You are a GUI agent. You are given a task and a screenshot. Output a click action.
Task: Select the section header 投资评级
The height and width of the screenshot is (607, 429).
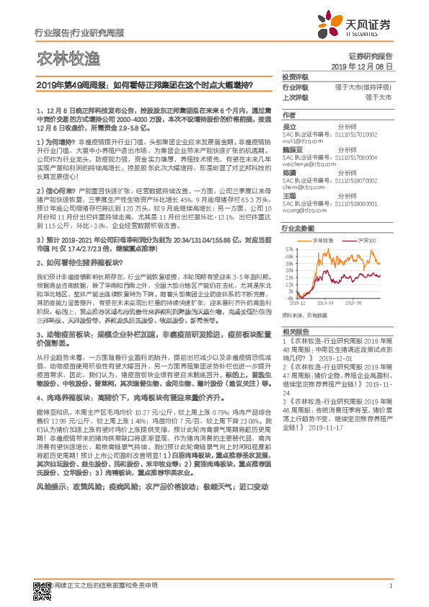(x=296, y=76)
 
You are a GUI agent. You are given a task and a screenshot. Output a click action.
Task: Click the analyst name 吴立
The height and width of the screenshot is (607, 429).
(x=289, y=125)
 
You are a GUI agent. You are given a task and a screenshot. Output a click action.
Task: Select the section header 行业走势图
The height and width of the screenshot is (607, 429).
(x=297, y=228)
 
